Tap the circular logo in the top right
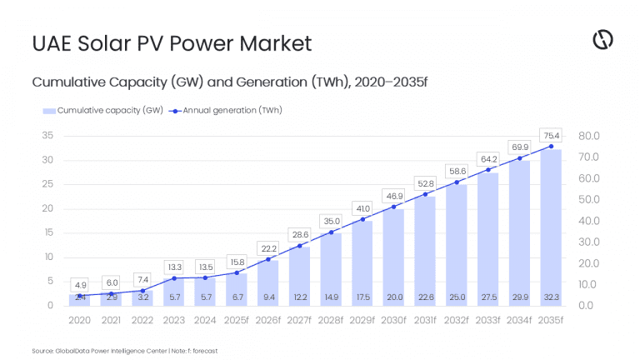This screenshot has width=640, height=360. pyautogui.click(x=602, y=39)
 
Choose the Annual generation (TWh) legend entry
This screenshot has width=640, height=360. pyautogui.click(x=225, y=110)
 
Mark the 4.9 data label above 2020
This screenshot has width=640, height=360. pyautogui.click(x=79, y=285)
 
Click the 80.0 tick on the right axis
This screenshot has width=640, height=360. pyautogui.click(x=589, y=135)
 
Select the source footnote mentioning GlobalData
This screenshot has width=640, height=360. pyautogui.click(x=124, y=351)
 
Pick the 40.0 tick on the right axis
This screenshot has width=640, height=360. pyautogui.click(x=589, y=221)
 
